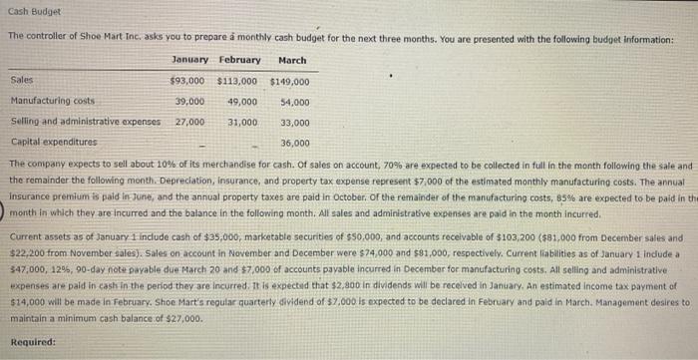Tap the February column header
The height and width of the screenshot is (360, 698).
pos(239,60)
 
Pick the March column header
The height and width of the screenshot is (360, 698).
pos(292,60)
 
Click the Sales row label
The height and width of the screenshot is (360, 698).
pos(21,80)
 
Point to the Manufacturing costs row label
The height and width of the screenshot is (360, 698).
pos(52,101)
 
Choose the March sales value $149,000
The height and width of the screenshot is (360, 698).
pos(289,81)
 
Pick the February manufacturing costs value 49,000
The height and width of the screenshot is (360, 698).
pos(242,101)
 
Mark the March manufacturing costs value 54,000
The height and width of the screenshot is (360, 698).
pos(294,101)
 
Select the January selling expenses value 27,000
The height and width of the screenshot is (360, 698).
pos(189,122)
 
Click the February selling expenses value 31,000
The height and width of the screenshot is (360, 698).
pos(242,122)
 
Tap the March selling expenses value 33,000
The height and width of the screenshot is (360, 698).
pos(294,122)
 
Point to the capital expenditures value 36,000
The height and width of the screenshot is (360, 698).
pos(294,143)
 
